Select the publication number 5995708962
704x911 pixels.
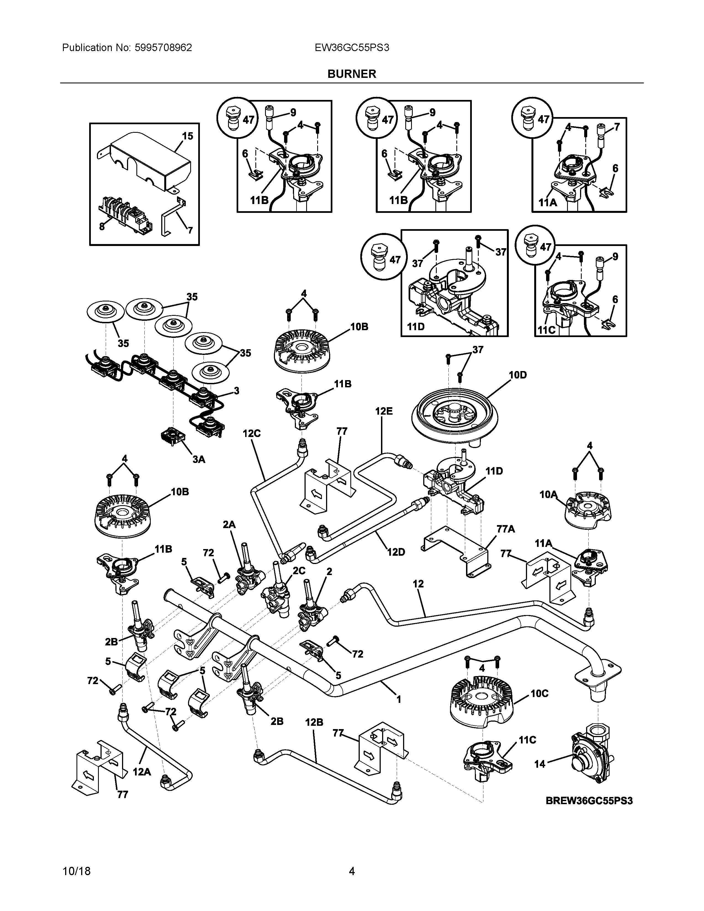[x=163, y=47]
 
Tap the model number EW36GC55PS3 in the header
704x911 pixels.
[x=352, y=47]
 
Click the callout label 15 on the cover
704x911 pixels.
[x=188, y=136]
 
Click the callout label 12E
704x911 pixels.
[x=384, y=411]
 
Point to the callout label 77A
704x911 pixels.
[x=506, y=529]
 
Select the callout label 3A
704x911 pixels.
[x=199, y=459]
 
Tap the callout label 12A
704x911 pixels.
[x=142, y=772]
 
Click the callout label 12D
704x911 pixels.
[x=396, y=552]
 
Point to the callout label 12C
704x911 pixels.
[x=252, y=433]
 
